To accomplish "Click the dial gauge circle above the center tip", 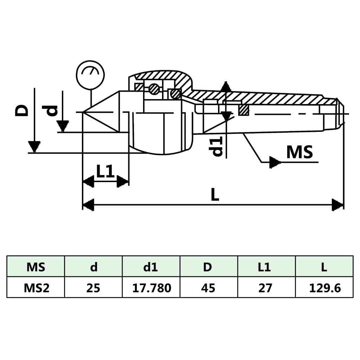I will tap(90, 75).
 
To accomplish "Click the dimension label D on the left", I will tap(22, 110).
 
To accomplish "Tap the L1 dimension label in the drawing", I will tap(105, 171).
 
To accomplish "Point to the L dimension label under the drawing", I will tap(215, 194).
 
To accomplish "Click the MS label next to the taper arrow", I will tap(300, 152).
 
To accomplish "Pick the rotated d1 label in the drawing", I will tap(218, 146).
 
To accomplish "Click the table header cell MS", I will tap(36, 267).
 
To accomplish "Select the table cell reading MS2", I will tap(36, 288).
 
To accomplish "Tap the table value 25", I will tap(94, 288).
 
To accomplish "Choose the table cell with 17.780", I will tap(152, 288).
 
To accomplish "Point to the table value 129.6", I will tap(324, 288).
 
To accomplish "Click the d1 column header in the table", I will tap(151, 267).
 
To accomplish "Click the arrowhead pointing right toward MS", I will tap(275, 162).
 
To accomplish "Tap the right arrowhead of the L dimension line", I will tap(337, 205).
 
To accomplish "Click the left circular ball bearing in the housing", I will tap(154, 89).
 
